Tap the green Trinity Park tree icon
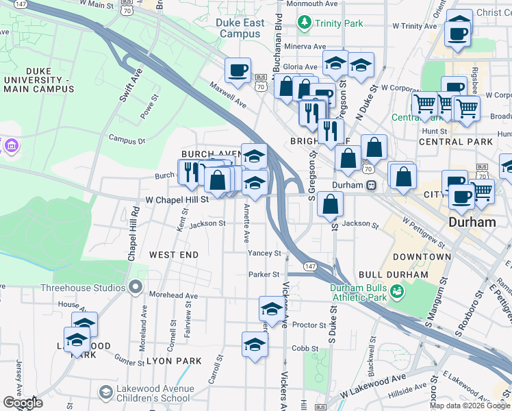(x=305, y=23)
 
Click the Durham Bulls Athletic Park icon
(x=396, y=292)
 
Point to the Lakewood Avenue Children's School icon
(x=105, y=392)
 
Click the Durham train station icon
(x=371, y=186)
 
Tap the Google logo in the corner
(x=22, y=403)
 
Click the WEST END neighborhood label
(x=174, y=255)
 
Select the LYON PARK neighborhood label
(x=174, y=361)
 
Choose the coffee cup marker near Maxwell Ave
(x=238, y=70)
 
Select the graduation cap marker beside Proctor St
(x=272, y=310)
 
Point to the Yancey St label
(x=264, y=253)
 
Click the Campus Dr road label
(x=127, y=139)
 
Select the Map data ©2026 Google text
(x=470, y=405)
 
